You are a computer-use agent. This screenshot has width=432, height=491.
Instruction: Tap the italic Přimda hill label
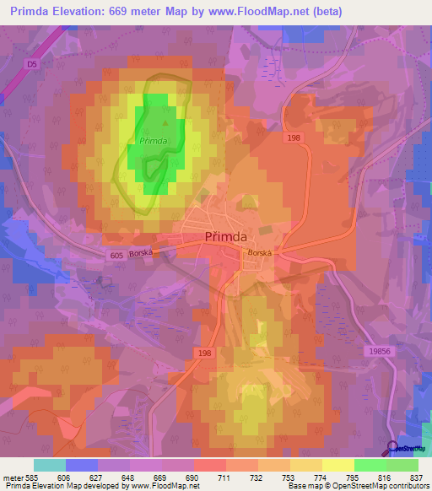tap(152, 141)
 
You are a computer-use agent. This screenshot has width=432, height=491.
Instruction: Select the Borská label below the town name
tap(256, 252)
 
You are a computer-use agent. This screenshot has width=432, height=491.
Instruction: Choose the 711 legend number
tap(226, 478)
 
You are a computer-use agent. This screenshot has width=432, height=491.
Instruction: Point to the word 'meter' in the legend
tap(13, 478)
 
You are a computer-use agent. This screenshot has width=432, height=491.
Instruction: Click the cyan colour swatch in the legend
tap(50, 465)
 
